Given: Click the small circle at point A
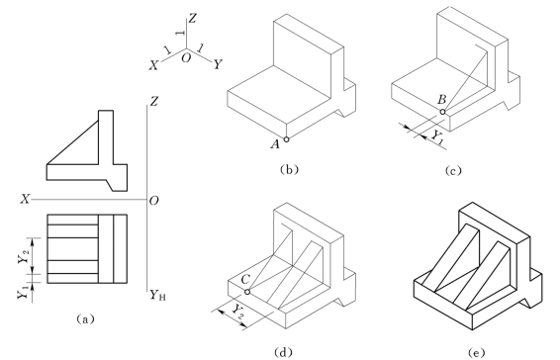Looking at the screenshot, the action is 286,139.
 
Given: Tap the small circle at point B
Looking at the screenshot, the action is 442,112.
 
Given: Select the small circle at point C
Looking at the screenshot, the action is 247,292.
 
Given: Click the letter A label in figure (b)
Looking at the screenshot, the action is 275,144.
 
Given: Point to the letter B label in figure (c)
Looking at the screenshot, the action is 442,99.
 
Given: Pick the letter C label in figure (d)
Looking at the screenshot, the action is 245,279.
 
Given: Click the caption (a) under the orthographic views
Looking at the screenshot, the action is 85,318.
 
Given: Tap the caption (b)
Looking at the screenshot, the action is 289,169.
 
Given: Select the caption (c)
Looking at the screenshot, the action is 453,171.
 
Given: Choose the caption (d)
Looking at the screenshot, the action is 283,352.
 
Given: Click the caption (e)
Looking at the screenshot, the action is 477,353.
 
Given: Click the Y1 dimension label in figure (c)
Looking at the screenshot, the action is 437,137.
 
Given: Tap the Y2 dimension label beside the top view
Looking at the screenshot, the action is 24,257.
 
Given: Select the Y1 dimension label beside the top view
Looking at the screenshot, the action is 23,292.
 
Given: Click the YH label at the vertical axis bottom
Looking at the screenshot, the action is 157,295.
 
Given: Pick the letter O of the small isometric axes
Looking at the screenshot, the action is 186,57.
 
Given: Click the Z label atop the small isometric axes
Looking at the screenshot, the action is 192,18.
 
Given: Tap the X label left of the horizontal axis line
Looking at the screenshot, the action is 25,199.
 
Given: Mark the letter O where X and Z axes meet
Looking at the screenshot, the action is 153,201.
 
